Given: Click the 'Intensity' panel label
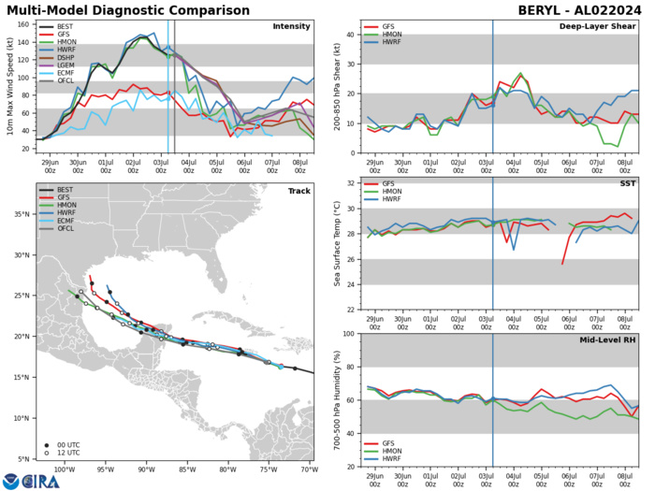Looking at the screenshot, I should tap(291, 26).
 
